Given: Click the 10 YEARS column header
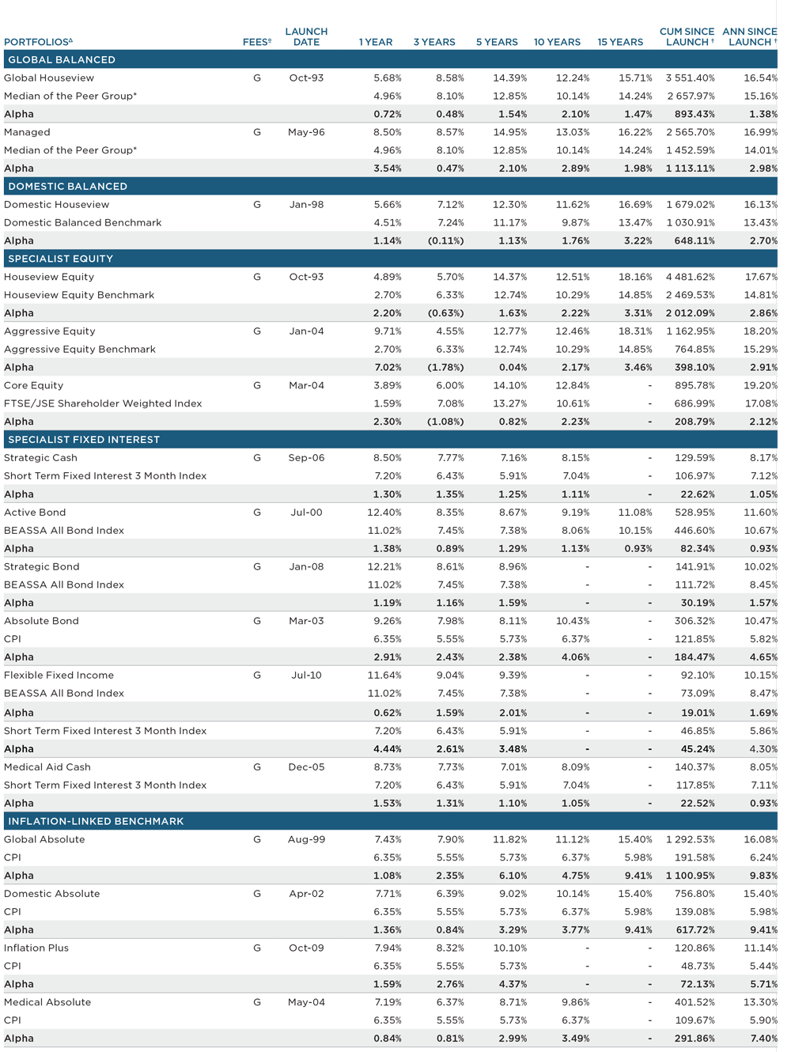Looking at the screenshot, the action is pyautogui.click(x=557, y=42).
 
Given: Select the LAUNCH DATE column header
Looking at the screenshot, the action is pyautogui.click(x=306, y=37).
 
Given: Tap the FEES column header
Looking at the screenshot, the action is pyautogui.click(x=257, y=42).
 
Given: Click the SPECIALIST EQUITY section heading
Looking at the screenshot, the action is pyautogui.click(x=61, y=259).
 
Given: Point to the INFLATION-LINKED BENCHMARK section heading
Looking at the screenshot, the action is pyautogui.click(x=96, y=821).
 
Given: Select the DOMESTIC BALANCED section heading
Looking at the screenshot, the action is pyautogui.click(x=67, y=187).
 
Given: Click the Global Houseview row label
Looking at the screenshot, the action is pyautogui.click(x=49, y=78).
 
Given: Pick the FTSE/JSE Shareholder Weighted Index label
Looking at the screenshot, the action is pyautogui.click(x=103, y=403).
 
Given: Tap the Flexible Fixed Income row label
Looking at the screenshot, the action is pyautogui.click(x=59, y=675).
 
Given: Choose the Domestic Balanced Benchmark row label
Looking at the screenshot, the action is pyautogui.click(x=83, y=223).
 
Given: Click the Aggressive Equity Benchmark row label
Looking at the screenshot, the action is pyautogui.click(x=80, y=350).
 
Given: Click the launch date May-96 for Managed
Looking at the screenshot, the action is pyautogui.click(x=306, y=132).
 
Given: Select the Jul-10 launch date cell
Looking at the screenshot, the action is pyautogui.click(x=306, y=675).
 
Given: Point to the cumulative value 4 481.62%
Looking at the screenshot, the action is pyautogui.click(x=690, y=277).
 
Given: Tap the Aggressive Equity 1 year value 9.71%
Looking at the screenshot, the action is pyautogui.click(x=388, y=331).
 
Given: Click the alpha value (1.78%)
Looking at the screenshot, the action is pyautogui.click(x=445, y=368).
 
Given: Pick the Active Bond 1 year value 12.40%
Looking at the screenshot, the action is pyautogui.click(x=384, y=513).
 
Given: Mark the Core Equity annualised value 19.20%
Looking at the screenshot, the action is pyautogui.click(x=761, y=385).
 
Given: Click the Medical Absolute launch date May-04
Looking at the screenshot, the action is pyautogui.click(x=306, y=1001).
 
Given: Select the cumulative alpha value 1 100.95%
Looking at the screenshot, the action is pyautogui.click(x=690, y=876).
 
